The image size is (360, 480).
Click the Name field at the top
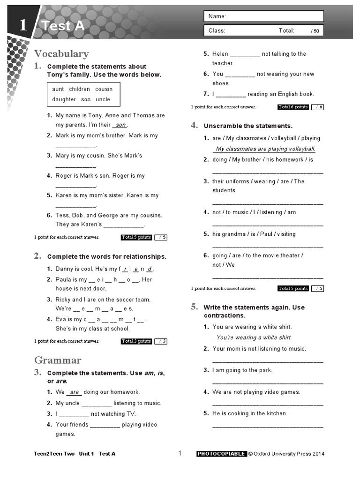pos(263,16)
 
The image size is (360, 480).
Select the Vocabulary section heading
pos(61,54)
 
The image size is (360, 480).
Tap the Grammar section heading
pos(58,360)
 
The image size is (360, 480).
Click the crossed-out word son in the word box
pos(86,99)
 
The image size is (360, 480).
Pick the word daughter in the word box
pos(64,99)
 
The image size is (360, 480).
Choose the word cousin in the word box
pos(104,89)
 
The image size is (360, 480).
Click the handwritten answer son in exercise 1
pos(120,125)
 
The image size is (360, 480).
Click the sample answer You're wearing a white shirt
pos(254,337)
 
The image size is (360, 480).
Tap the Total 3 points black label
pos(136,341)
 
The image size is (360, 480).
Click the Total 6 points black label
pos(293,107)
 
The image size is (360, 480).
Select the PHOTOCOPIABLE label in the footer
pos(221,454)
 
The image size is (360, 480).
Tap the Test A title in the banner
pos(63,26)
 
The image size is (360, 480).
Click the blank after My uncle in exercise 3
pos(97,404)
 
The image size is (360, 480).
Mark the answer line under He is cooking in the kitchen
pos(267,426)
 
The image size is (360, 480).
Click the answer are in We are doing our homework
pos(74,392)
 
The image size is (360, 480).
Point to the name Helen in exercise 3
pos(220,54)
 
